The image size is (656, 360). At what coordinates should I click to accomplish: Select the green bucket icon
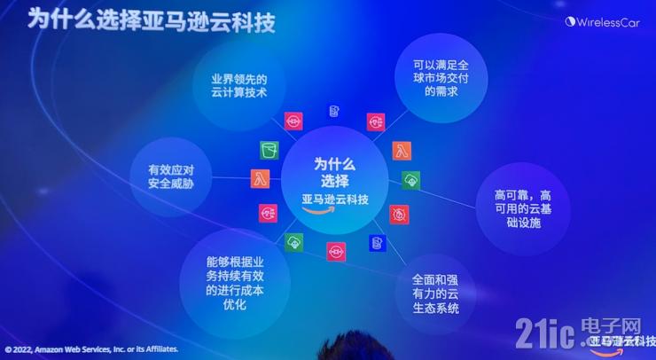(x=269, y=149)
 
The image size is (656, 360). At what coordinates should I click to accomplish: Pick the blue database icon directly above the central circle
(x=333, y=112)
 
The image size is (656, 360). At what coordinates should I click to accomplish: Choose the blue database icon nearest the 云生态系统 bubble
(x=377, y=242)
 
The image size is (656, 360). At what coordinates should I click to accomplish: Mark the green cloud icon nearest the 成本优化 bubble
(x=293, y=241)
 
